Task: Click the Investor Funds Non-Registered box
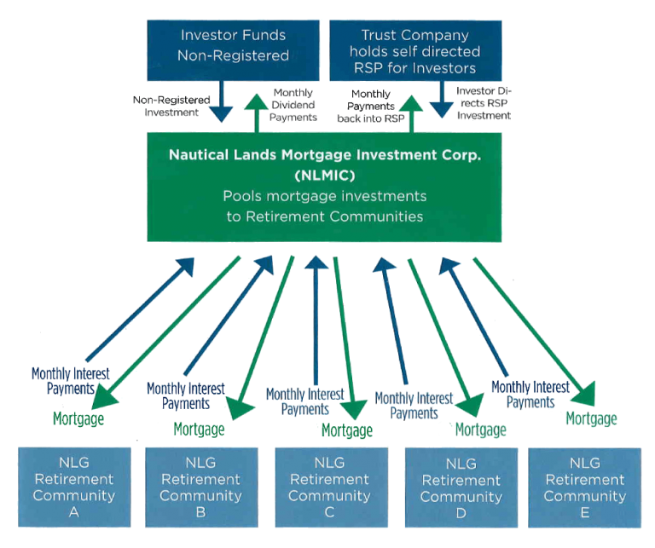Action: click(234, 46)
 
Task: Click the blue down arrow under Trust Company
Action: click(442, 101)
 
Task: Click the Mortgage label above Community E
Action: click(591, 418)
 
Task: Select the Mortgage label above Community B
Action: click(199, 429)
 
